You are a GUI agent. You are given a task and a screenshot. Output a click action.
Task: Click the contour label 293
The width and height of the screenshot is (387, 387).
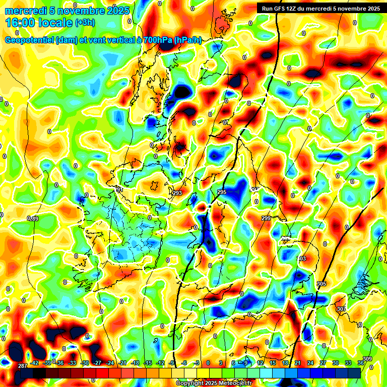177,193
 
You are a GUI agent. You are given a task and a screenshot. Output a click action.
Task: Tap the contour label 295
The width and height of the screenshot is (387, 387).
222,192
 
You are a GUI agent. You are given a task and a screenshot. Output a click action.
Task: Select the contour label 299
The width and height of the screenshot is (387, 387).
266,218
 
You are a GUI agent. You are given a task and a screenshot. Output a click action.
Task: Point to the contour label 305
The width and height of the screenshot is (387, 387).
321,284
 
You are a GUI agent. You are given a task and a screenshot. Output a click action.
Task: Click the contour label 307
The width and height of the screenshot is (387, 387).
341,309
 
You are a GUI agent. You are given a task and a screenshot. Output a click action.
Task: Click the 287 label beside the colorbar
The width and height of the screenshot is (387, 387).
22,366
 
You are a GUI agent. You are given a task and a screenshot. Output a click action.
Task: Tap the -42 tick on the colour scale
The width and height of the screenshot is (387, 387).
34,363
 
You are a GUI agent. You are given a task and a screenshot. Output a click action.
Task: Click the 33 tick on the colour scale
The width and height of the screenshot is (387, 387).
348,363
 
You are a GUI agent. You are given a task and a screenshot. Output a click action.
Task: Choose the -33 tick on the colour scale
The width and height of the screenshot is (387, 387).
72,363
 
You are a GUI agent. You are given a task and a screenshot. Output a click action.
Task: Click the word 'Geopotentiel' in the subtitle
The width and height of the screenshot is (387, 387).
30,40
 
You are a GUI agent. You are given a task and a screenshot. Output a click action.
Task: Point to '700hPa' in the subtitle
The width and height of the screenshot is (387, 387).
157,40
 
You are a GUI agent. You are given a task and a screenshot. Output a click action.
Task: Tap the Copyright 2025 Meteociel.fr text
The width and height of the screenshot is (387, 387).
214,383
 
